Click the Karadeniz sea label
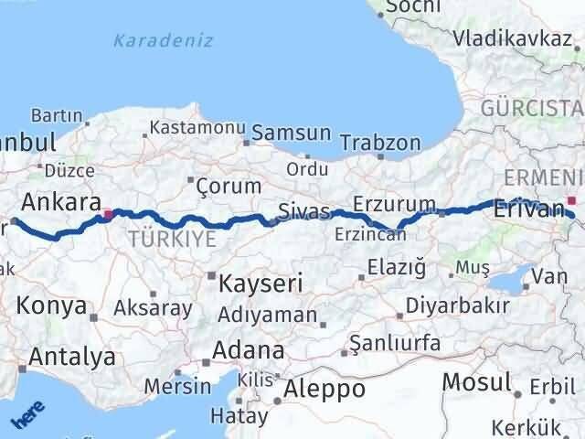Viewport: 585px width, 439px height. (x=164, y=40)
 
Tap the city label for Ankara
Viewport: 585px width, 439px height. (x=61, y=200)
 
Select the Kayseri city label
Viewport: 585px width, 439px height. (x=261, y=284)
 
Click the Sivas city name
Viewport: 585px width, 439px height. (x=304, y=212)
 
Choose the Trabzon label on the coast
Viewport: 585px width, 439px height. (x=380, y=143)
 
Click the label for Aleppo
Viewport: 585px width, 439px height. (x=324, y=389)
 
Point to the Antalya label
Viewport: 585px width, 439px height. (x=72, y=357)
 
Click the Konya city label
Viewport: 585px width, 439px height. (x=53, y=305)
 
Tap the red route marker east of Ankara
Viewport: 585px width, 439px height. (x=108, y=216)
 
